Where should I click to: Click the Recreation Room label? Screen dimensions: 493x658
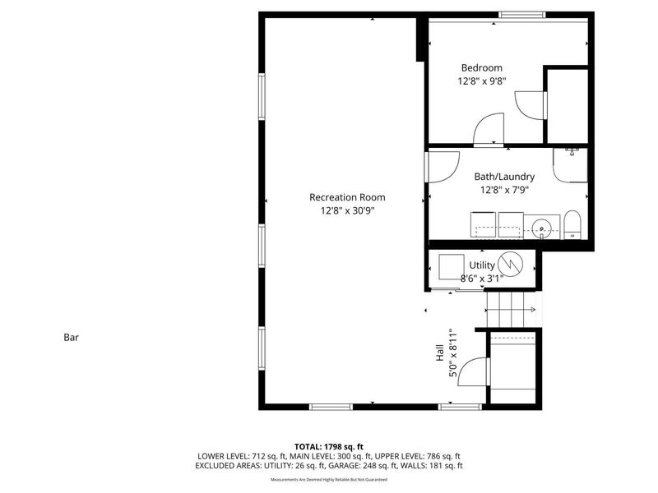(x=346, y=197)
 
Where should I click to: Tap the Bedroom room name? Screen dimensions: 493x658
(x=481, y=68)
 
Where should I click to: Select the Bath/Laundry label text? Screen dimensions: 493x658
(x=504, y=177)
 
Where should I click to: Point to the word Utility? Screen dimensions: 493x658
(x=482, y=265)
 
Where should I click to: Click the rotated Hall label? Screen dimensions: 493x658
(x=440, y=353)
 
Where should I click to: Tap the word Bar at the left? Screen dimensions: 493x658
(x=71, y=337)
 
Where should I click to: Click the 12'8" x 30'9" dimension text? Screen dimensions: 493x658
(x=346, y=211)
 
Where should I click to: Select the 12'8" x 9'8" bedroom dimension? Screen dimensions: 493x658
(x=481, y=82)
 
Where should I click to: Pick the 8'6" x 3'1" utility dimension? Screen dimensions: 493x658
(x=481, y=279)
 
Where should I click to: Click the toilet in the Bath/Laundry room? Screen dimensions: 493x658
(x=573, y=224)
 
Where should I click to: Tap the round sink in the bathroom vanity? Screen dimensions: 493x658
(x=541, y=227)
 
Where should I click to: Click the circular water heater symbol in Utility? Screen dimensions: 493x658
(x=511, y=264)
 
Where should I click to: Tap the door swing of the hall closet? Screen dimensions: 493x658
(x=471, y=371)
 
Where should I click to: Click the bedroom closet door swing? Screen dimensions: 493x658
(x=529, y=105)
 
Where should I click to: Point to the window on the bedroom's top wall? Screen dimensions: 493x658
(x=523, y=15)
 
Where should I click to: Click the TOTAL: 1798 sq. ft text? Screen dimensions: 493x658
(x=328, y=446)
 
